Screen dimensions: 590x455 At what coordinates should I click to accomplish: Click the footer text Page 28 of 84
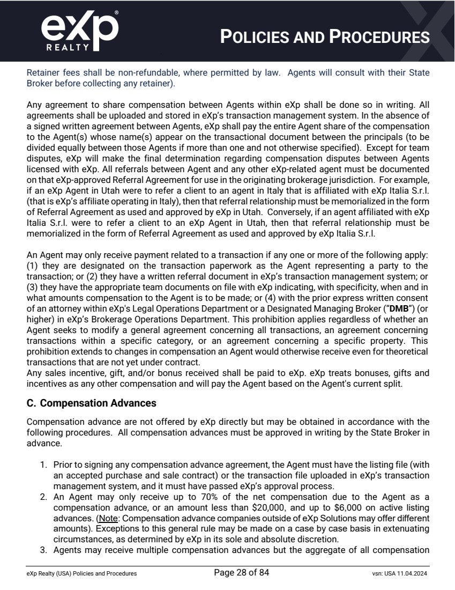click(x=241, y=573)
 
